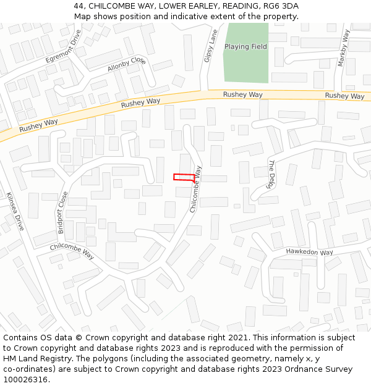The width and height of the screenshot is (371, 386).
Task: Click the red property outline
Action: click(x=184, y=177)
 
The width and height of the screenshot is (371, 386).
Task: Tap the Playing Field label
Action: click(x=245, y=47)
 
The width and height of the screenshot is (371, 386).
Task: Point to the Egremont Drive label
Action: click(x=63, y=46)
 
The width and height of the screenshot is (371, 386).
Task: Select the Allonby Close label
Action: click(x=126, y=65)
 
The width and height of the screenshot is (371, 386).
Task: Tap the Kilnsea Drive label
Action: click(x=15, y=211)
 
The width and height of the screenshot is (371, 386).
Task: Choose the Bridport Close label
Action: click(x=63, y=212)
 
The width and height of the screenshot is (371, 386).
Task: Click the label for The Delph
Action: click(x=271, y=174)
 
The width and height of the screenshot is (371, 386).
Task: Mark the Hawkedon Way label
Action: click(x=309, y=252)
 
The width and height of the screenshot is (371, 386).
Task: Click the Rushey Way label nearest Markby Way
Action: click(x=344, y=96)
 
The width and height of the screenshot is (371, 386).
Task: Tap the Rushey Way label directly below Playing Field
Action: click(x=242, y=94)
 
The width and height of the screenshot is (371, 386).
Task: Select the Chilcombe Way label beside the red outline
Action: click(x=196, y=189)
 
